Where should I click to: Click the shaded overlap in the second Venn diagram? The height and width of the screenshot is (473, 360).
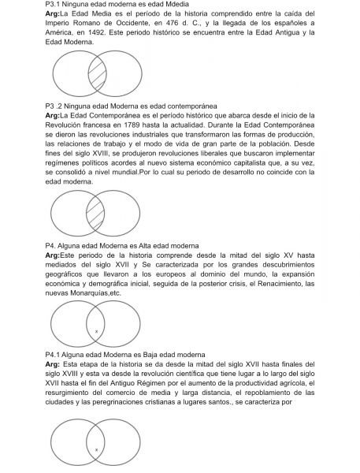[95, 214]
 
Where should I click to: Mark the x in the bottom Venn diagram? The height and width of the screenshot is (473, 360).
[96, 449]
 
